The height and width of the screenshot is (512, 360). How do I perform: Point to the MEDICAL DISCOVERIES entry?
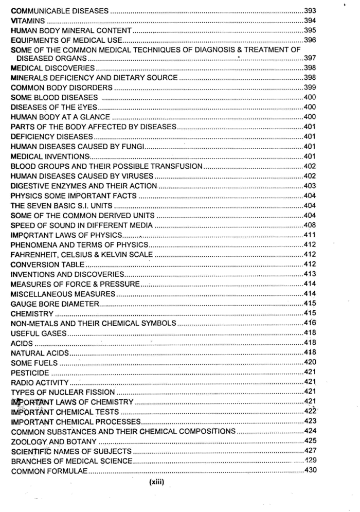pos(52,68)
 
